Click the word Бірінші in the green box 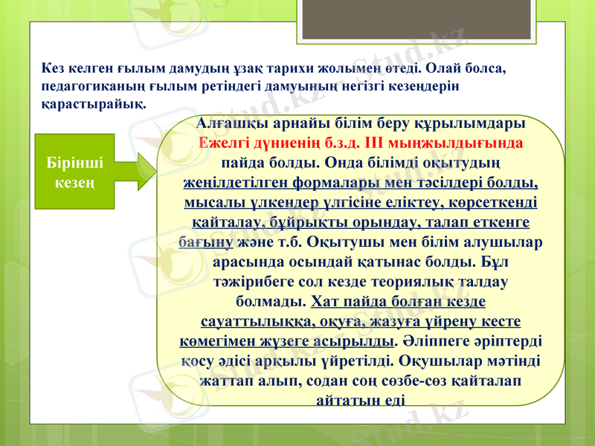[77, 163]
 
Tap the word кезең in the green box [77, 183]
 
